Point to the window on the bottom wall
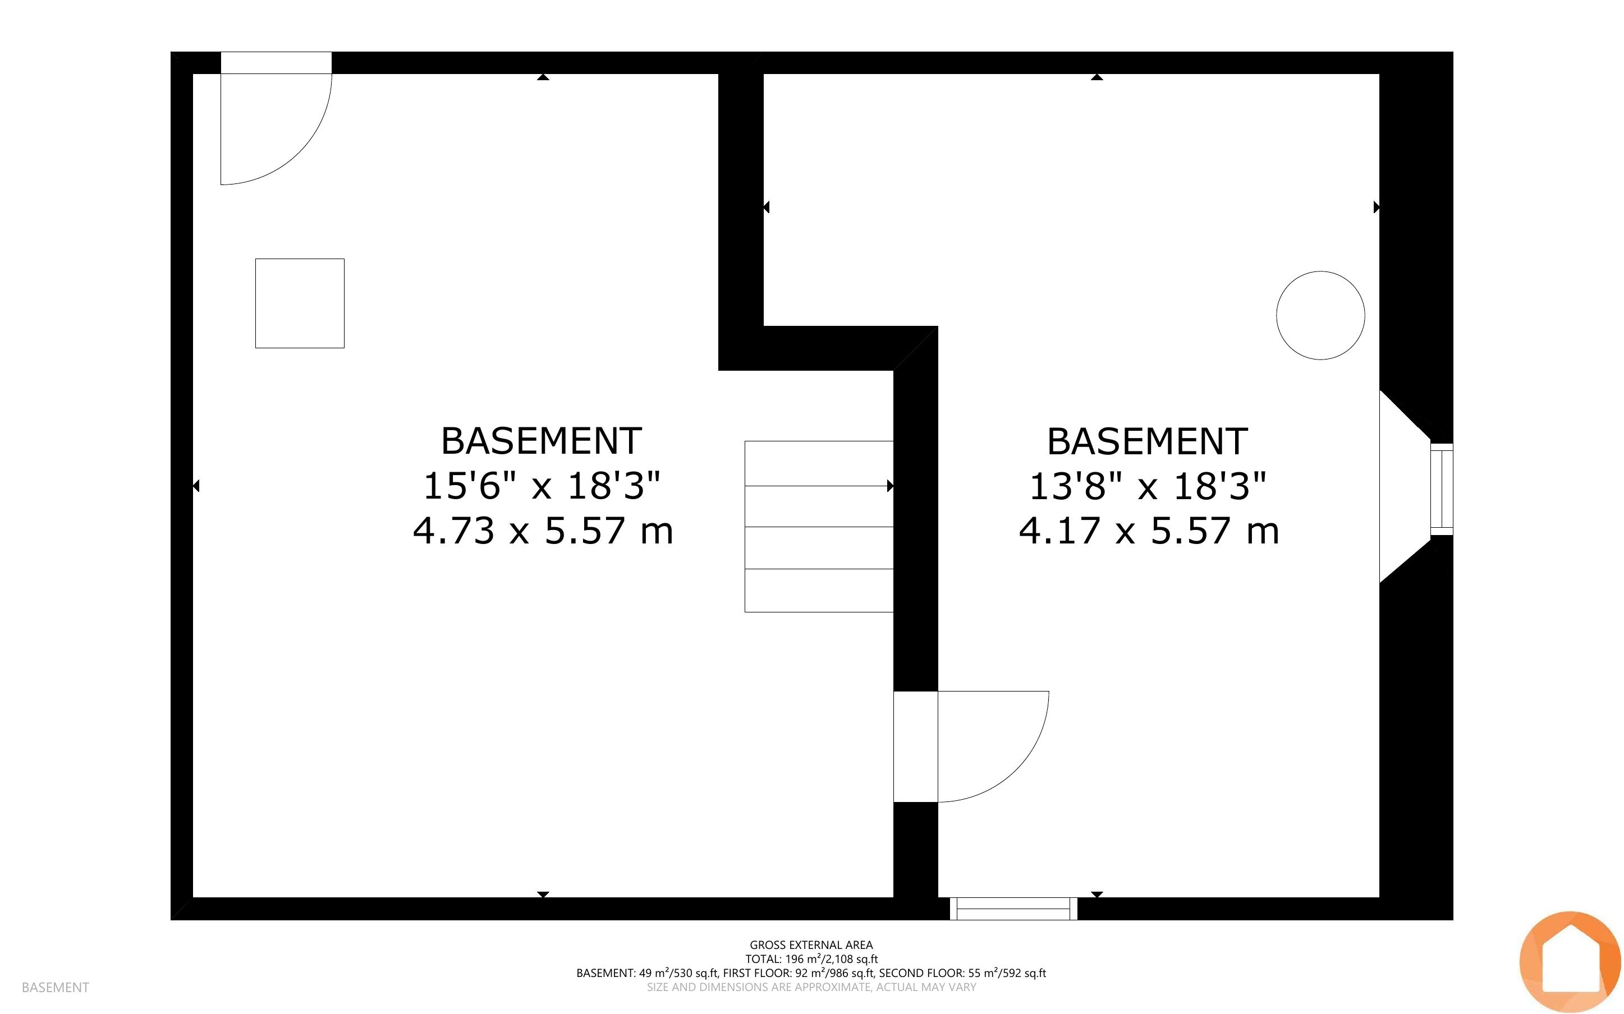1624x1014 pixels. pyautogui.click(x=1013, y=909)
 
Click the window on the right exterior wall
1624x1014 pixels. pyautogui.click(x=1442, y=489)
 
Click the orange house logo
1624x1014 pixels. pyautogui.click(x=1570, y=962)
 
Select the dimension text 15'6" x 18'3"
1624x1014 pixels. pyautogui.click(x=542, y=486)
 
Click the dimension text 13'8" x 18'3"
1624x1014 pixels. pyautogui.click(x=1148, y=486)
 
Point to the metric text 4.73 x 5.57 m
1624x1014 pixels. pyautogui.click(x=543, y=531)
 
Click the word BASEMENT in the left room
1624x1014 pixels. pyautogui.click(x=542, y=441)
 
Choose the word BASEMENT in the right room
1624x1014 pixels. pyautogui.click(x=1148, y=441)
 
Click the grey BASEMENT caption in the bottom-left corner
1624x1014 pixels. pyautogui.click(x=55, y=987)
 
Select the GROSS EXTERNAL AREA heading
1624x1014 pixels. pyautogui.click(x=811, y=945)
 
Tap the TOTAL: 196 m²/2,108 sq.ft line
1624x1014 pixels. pyautogui.click(x=811, y=959)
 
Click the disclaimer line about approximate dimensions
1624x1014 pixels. pyautogui.click(x=811, y=987)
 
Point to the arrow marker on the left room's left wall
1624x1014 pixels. pyautogui.click(x=196, y=486)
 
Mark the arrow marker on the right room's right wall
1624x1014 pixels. pyautogui.click(x=1377, y=207)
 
